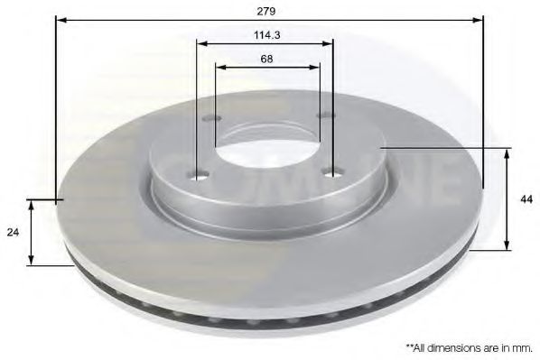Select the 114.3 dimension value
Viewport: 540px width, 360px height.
(265, 36)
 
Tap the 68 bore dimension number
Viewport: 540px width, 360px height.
(266, 59)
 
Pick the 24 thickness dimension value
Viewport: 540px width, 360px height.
(13, 233)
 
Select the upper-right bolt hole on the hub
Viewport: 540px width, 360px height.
(327, 115)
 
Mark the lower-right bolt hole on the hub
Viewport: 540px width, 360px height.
(336, 172)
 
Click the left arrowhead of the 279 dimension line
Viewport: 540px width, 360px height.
(60, 18)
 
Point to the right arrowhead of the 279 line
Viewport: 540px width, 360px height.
(479, 18)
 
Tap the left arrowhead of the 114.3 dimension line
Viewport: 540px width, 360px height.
(200, 42)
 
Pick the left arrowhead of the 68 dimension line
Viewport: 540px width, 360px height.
(219, 65)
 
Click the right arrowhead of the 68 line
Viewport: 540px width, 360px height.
(316, 65)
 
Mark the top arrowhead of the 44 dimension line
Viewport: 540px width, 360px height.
(506, 152)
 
